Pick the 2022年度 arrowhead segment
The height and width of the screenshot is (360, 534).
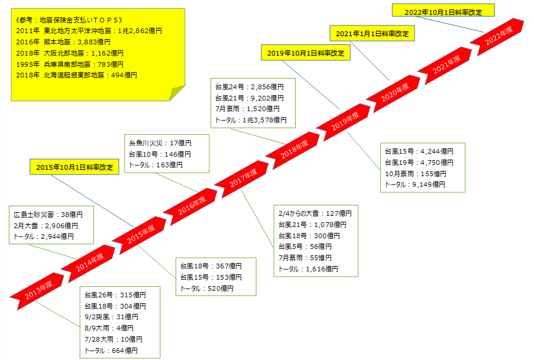[499, 37]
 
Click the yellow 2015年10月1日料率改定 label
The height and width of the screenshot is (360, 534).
[74, 167]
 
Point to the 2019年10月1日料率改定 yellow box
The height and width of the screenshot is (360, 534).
[305, 53]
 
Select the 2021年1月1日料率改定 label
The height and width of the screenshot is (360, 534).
[371, 34]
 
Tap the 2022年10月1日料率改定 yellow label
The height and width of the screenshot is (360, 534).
[443, 11]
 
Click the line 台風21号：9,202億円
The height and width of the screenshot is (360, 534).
[250, 98]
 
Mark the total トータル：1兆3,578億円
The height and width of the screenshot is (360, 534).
[251, 120]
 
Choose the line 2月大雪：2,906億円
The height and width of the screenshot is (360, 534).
[46, 226]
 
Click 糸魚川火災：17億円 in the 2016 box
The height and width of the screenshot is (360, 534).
[160, 143]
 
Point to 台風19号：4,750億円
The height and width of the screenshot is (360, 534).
[419, 163]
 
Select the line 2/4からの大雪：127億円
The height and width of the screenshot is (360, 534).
[315, 213]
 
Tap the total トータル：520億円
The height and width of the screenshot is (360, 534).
[206, 288]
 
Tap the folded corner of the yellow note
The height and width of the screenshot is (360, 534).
[176, 93]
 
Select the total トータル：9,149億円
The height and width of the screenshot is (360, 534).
[415, 184]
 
